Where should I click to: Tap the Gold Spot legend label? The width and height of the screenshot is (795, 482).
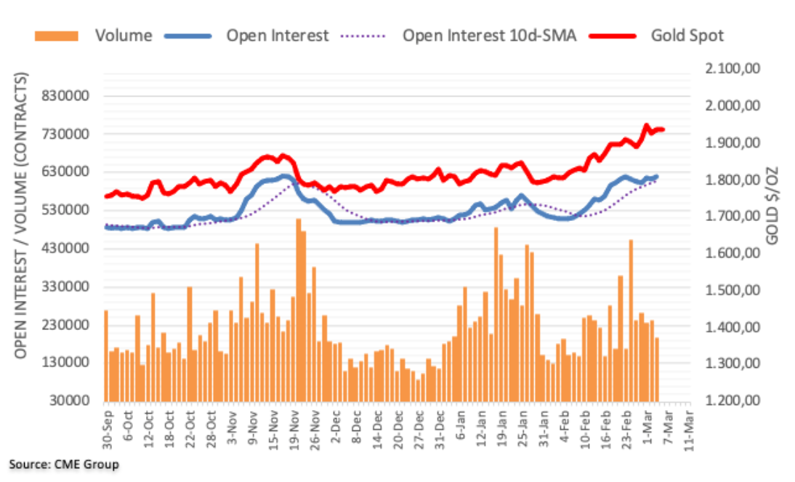point(687,35)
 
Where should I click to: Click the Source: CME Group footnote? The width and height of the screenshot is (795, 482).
point(63,464)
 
